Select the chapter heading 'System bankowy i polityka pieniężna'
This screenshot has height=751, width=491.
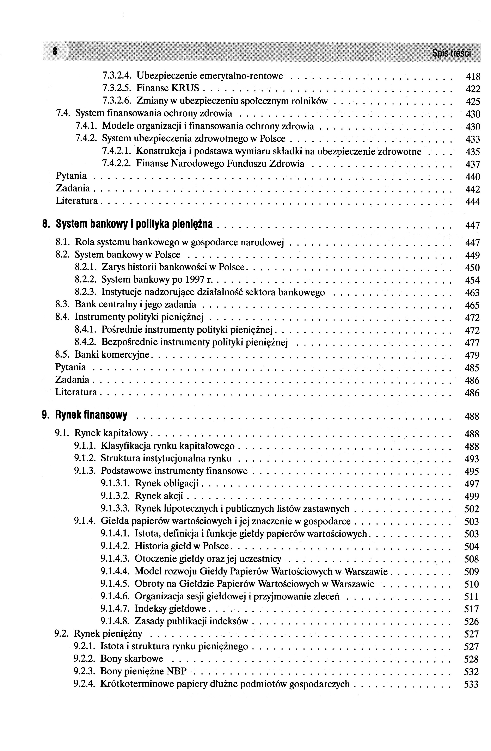(134, 224)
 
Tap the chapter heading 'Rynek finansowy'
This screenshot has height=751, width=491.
(91, 415)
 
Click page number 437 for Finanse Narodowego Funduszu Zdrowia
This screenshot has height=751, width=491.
(472, 164)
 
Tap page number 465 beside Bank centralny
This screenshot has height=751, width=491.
(472, 305)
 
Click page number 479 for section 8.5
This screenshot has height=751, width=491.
(472, 355)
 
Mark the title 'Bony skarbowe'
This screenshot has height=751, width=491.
(131, 659)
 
